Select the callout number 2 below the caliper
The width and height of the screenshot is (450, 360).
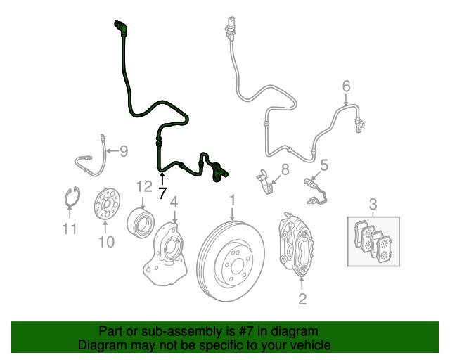[302, 300]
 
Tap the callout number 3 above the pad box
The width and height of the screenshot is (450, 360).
[373, 205]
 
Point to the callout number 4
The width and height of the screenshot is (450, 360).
[174, 203]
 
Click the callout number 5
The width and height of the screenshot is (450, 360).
[324, 166]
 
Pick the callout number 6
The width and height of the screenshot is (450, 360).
[346, 86]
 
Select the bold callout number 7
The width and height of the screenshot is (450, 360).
[162, 193]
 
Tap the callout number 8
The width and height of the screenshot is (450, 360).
[285, 169]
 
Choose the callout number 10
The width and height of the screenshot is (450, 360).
[105, 243]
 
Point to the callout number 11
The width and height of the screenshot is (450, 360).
[67, 228]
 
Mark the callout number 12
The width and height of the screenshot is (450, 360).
[143, 186]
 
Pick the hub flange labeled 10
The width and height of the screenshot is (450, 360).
[105, 204]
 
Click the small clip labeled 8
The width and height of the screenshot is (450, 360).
[266, 181]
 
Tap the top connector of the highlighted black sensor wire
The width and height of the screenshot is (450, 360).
[120, 27]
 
